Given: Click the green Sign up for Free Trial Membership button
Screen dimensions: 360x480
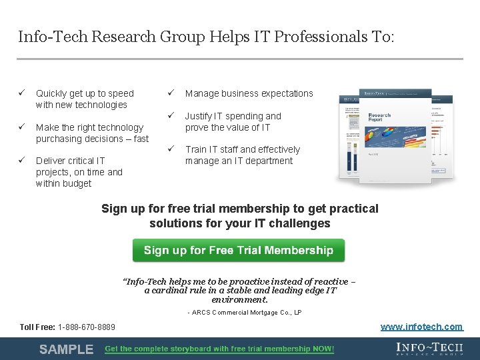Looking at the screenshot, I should click(238, 251).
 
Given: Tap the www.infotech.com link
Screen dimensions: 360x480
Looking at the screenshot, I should click(421, 327).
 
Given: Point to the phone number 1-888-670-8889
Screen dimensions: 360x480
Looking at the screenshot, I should click(87, 327).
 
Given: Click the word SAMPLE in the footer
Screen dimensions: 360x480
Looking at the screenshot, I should click(66, 349).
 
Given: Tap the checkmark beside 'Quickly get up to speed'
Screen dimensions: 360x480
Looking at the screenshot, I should click(21, 93).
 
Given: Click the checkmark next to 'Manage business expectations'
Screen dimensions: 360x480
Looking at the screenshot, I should click(171, 93).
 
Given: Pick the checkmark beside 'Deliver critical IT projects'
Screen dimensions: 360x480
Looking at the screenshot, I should click(21, 160).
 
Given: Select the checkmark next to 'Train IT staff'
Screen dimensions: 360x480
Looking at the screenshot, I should click(171, 149).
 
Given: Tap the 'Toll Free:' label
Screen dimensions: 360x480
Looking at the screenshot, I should click(38, 327).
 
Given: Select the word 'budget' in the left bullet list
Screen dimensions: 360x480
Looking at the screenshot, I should click(77, 183).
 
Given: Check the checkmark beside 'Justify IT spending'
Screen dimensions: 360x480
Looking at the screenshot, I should click(171, 116).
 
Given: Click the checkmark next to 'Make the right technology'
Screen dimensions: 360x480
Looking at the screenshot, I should click(21, 127).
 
